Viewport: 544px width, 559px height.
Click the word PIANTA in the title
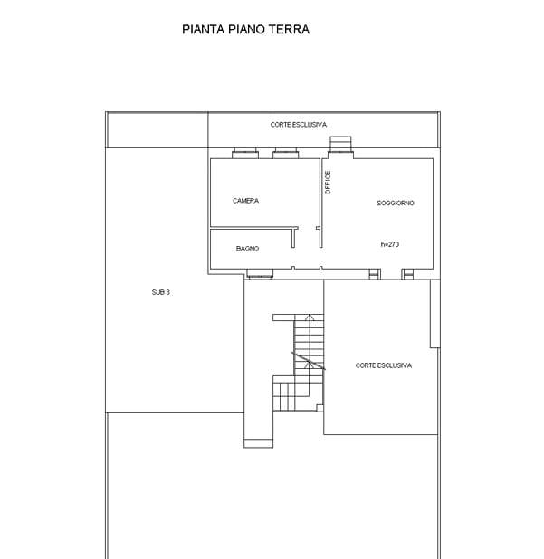click(x=204, y=29)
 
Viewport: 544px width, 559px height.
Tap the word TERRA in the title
click(x=289, y=29)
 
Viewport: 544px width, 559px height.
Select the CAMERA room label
click(x=246, y=201)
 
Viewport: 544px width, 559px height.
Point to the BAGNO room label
click(x=247, y=249)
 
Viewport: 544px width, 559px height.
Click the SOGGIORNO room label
click(x=396, y=203)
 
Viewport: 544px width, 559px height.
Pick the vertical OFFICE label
click(x=328, y=182)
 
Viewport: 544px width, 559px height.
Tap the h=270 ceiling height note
click(x=390, y=244)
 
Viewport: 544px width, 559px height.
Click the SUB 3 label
click(x=160, y=292)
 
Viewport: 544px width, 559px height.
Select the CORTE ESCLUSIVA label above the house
click(x=299, y=125)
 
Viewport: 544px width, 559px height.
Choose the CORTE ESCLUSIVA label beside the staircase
click(x=384, y=365)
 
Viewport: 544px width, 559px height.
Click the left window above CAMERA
click(x=245, y=154)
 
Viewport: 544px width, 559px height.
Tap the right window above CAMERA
click(x=286, y=154)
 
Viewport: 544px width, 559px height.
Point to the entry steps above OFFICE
click(x=340, y=144)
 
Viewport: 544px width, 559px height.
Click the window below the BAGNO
click(x=260, y=273)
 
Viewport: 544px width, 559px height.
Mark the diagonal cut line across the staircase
click(x=309, y=361)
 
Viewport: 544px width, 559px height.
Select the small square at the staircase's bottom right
click(x=320, y=408)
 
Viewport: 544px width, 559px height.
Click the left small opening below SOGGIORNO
click(x=374, y=274)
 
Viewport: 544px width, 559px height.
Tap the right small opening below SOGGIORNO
click(x=408, y=274)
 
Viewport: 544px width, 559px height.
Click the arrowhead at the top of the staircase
click(x=310, y=317)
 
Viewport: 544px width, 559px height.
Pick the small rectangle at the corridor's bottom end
click(x=259, y=443)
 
